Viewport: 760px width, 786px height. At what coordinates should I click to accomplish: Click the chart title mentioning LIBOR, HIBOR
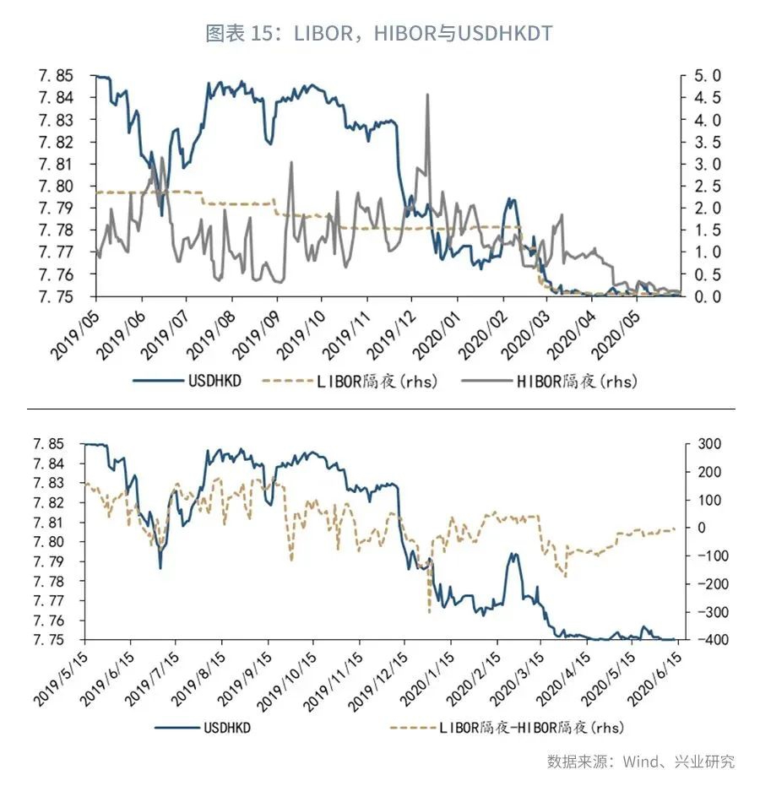[x=379, y=33]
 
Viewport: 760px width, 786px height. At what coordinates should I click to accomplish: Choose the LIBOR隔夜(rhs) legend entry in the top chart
[x=377, y=382]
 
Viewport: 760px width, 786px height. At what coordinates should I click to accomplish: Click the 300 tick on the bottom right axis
[x=709, y=444]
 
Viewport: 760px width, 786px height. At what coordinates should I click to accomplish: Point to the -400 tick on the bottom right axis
[x=707, y=640]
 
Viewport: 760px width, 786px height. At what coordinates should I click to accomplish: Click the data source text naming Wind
[x=640, y=762]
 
